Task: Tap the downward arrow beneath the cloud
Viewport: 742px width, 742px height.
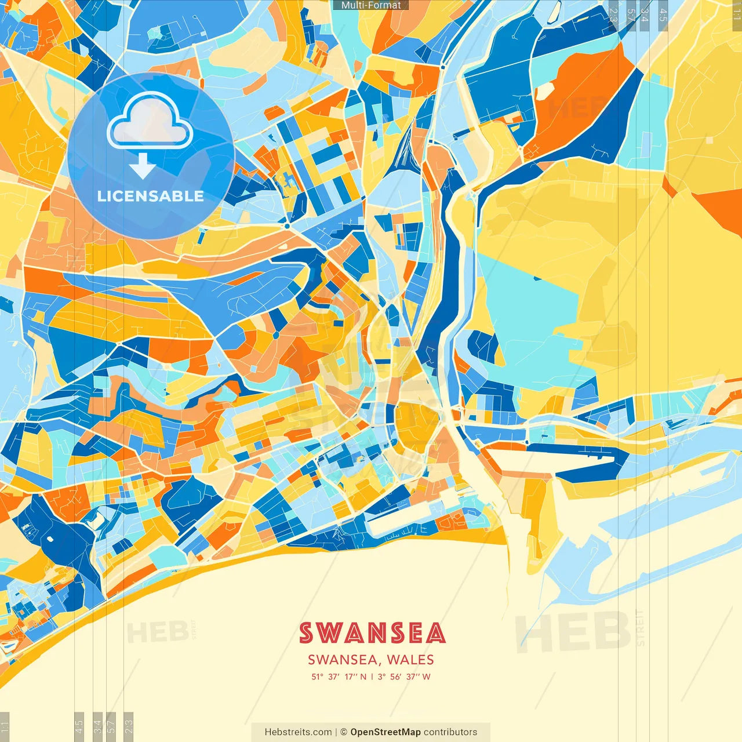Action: [142, 165]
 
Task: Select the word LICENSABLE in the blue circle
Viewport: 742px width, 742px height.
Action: [151, 196]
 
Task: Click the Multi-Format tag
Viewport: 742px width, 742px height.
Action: [371, 5]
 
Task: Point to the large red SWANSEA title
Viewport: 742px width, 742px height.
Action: [372, 633]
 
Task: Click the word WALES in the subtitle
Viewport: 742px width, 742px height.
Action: [410, 660]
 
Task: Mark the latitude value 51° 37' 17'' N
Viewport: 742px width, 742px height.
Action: [339, 676]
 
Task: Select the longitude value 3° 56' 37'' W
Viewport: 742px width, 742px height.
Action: [404, 676]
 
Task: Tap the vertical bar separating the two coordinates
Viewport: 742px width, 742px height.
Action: [372, 676]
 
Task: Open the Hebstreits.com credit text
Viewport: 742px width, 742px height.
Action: [298, 732]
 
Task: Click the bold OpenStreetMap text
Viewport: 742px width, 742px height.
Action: [385, 732]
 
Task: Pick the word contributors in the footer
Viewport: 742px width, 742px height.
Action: [450, 732]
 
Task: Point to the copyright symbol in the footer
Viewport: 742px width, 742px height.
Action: [344, 732]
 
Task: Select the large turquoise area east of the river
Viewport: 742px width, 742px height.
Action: [528, 313]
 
